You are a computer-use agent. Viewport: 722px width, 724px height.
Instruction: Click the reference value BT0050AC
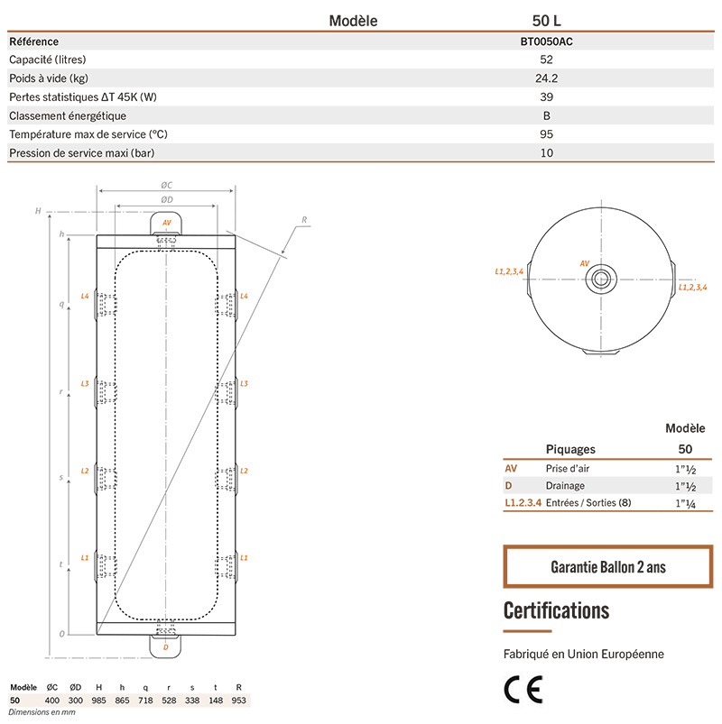(547, 41)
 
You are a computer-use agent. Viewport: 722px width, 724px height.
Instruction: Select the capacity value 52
(547, 60)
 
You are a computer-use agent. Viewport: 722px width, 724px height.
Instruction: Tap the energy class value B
(547, 115)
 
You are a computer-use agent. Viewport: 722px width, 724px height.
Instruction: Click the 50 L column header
(547, 20)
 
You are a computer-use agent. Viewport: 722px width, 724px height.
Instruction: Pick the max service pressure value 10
(547, 153)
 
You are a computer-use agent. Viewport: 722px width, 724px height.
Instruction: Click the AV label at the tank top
(166, 222)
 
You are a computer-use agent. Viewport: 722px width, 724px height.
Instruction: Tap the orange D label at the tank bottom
(166, 646)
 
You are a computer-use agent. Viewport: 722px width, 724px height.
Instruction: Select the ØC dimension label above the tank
(167, 185)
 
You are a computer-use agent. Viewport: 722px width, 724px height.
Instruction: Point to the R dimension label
(304, 219)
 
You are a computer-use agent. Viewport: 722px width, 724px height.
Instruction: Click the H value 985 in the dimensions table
(99, 700)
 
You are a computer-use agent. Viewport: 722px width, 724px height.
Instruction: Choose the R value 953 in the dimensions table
(238, 700)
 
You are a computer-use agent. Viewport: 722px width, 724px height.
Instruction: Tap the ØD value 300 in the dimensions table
(77, 700)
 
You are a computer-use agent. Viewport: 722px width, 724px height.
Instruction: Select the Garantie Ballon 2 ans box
(607, 567)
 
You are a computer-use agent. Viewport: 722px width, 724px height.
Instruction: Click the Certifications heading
(556, 610)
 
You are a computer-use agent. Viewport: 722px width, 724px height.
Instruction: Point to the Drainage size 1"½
(684, 486)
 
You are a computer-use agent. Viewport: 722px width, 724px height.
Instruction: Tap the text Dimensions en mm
(42, 712)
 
